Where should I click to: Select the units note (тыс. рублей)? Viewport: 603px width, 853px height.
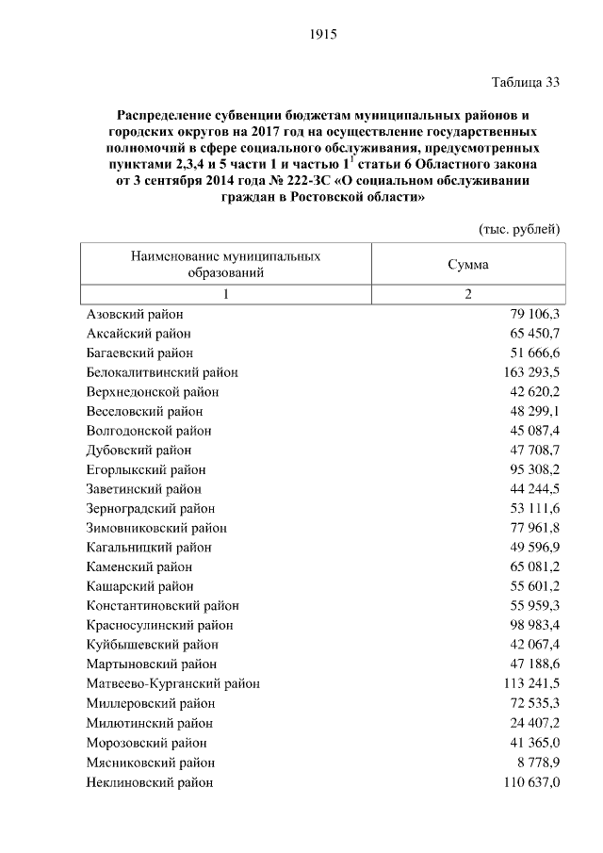click(x=519, y=229)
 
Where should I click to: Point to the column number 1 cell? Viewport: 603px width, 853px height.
click(x=225, y=294)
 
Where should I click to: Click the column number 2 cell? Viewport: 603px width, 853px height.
click(x=467, y=294)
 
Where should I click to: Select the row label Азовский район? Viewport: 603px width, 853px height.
click(x=135, y=314)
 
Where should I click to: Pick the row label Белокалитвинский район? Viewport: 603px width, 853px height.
click(x=162, y=372)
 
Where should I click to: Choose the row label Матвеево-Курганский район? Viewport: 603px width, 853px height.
click(x=172, y=683)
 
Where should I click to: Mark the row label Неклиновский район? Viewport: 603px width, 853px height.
click(x=149, y=781)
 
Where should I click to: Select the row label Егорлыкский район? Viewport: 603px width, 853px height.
click(x=146, y=469)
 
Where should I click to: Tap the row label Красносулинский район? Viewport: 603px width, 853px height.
click(x=159, y=625)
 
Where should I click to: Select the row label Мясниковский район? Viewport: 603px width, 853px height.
click(x=151, y=762)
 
